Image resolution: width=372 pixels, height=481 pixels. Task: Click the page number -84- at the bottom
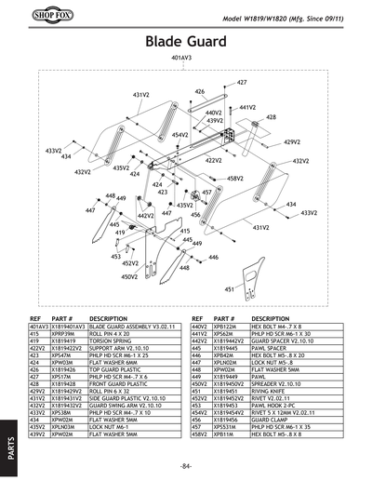click(186, 465)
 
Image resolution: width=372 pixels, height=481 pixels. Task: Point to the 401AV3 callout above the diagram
click(181, 59)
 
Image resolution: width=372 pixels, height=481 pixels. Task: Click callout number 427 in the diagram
click(242, 83)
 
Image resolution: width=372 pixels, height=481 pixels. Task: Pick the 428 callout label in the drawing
click(271, 117)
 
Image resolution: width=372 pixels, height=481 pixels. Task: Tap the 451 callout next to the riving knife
click(230, 289)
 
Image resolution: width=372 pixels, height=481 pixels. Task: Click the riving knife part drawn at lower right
click(265, 270)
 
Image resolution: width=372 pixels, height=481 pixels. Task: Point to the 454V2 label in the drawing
click(179, 135)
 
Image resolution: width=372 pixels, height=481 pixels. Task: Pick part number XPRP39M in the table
click(66, 334)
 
